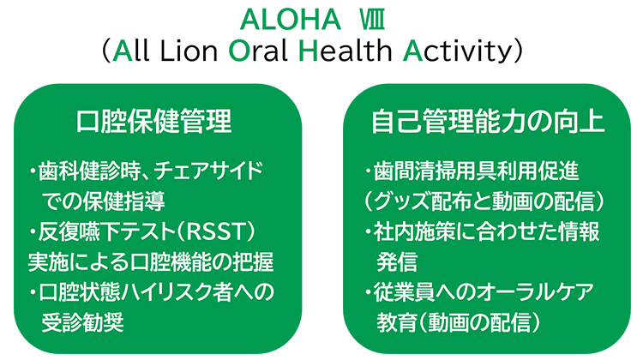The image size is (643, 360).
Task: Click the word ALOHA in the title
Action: (291, 20)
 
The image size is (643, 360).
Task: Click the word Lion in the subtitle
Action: (189, 51)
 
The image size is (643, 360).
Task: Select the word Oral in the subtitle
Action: (257, 51)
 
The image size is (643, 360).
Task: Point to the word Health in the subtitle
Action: (345, 51)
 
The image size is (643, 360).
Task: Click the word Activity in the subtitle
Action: (458, 51)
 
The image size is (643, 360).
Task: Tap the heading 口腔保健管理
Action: (153, 122)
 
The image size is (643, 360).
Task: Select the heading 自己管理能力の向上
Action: (488, 122)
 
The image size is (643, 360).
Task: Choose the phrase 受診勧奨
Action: (83, 323)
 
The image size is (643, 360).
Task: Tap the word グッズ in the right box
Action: (402, 201)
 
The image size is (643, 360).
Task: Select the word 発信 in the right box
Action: (397, 262)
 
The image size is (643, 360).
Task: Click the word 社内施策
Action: (414, 232)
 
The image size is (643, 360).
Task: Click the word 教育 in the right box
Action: (397, 323)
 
